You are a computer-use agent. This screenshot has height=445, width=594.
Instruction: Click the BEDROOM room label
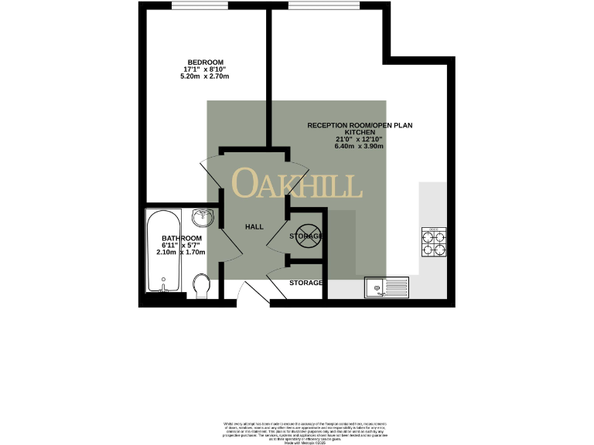click(205, 62)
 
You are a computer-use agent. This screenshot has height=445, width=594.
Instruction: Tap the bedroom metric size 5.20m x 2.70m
click(205, 76)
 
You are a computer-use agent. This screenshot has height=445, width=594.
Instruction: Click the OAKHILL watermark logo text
click(297, 184)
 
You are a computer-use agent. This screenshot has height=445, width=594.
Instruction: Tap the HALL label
click(254, 227)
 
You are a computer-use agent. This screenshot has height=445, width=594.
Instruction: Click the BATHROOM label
click(182, 238)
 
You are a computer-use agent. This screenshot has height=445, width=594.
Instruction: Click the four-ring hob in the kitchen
click(433, 242)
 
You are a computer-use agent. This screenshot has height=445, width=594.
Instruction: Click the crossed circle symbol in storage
click(306, 235)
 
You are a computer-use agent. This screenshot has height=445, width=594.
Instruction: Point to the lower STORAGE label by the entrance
click(306, 283)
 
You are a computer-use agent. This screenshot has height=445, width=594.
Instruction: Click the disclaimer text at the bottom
click(297, 427)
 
